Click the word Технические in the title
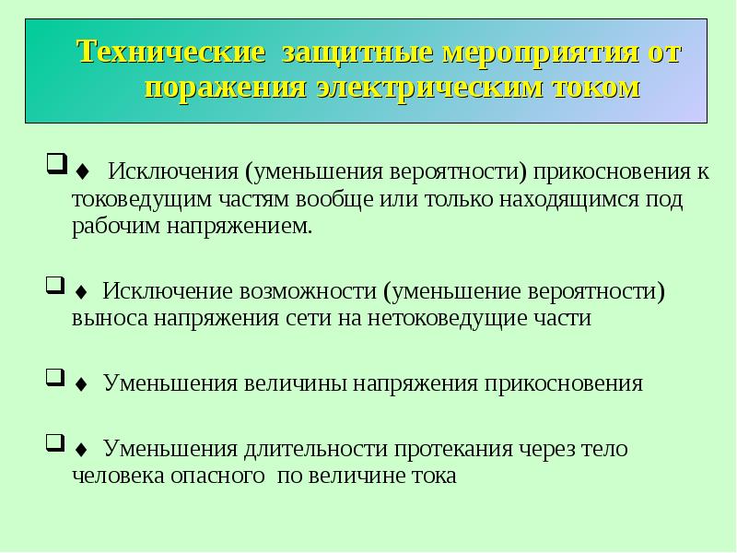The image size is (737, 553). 170,52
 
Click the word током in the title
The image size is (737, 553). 596,88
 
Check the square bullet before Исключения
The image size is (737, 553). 56,164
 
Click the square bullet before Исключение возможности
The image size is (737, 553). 55,285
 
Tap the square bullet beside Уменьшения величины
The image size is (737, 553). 55,377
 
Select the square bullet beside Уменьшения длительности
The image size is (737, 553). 55,442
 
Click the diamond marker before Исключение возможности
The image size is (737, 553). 81,292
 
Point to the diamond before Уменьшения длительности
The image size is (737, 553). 81,450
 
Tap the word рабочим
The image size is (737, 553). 116,227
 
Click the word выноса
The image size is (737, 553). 110,318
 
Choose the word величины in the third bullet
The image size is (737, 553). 295,383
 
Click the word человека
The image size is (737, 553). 118,476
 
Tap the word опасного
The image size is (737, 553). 217,477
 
